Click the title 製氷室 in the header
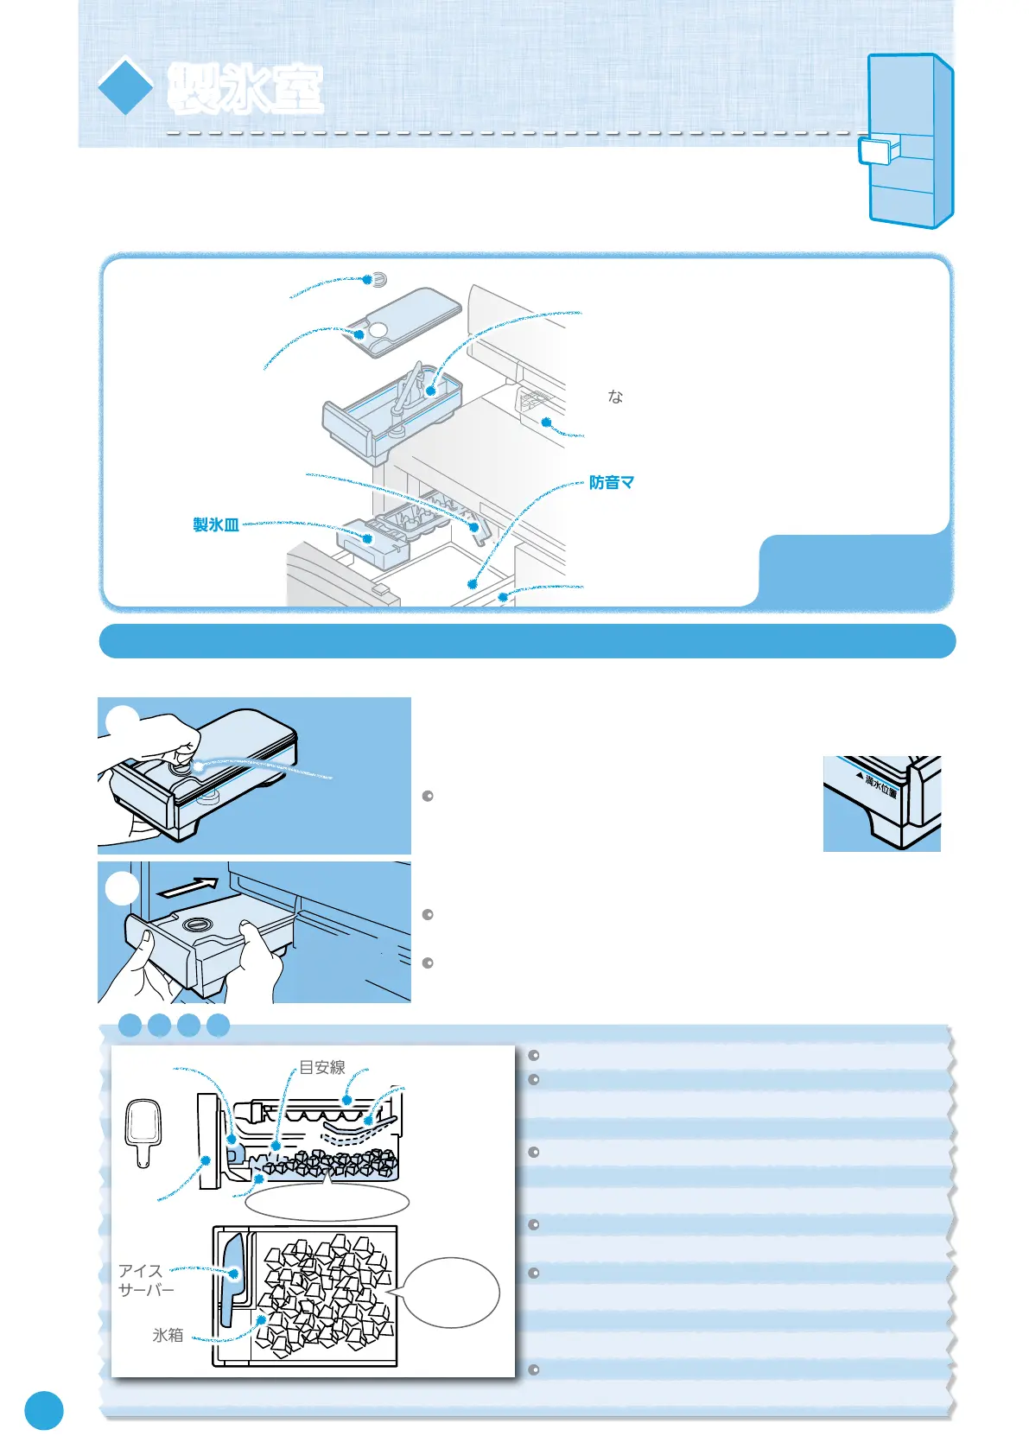click(245, 89)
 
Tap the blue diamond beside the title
click(125, 86)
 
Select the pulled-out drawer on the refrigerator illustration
click(878, 151)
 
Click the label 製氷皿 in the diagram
click(216, 524)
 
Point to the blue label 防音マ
click(612, 482)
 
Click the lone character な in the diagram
click(615, 397)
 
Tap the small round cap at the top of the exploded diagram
click(378, 280)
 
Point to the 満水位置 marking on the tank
click(881, 786)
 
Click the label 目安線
click(322, 1068)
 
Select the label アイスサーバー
click(145, 1280)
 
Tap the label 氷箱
click(168, 1335)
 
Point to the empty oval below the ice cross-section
click(327, 1202)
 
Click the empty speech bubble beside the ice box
click(452, 1293)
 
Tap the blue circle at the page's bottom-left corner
click(43, 1410)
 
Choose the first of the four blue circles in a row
click(130, 1026)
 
